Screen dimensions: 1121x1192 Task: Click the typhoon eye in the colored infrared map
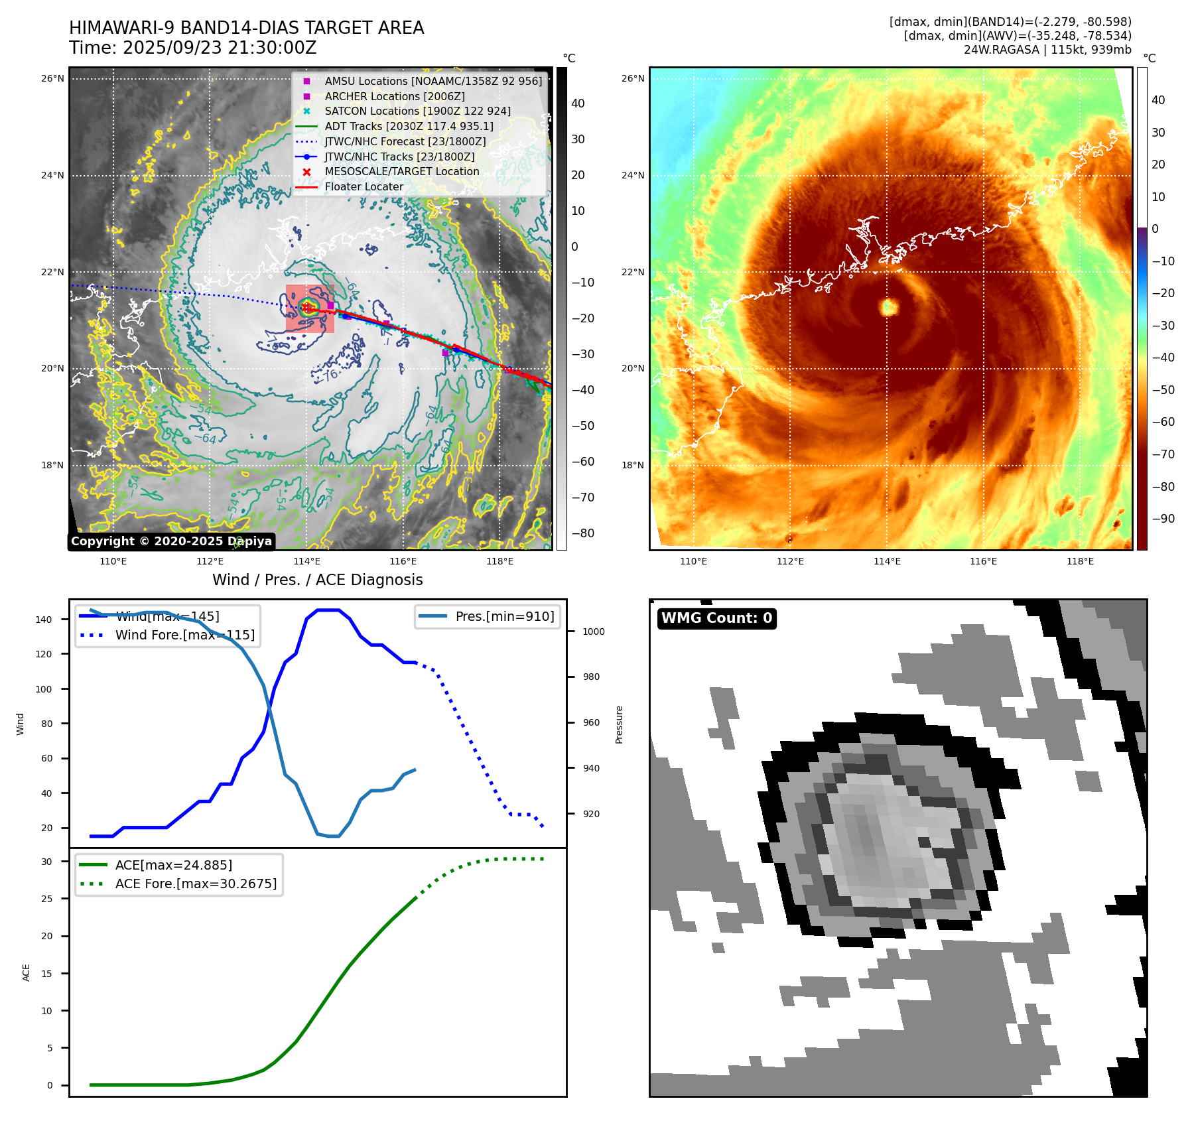[x=888, y=306]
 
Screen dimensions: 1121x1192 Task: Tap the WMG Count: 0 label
[x=716, y=618]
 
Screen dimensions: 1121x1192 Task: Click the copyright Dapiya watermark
[x=171, y=541]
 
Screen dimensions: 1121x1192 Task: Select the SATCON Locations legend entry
[x=417, y=111]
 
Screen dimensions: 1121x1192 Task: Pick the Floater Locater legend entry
[x=364, y=187]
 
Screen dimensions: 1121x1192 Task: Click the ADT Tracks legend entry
[x=409, y=126]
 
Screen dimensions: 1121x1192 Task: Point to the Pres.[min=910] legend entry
[x=504, y=616]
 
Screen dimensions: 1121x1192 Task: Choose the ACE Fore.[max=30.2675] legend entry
[x=196, y=884]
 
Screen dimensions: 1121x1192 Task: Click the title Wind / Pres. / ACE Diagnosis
[x=317, y=580]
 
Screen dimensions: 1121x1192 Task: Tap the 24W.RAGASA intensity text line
[x=1047, y=50]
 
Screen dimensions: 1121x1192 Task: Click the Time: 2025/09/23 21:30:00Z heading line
[x=193, y=48]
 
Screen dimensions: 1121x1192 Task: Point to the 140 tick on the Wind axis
[x=44, y=620]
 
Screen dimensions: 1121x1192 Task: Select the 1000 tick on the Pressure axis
[x=593, y=631]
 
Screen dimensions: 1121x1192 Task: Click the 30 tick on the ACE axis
[x=46, y=862]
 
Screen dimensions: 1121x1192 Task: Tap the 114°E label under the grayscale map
[x=306, y=562]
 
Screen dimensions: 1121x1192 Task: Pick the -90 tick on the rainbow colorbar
[x=1163, y=519]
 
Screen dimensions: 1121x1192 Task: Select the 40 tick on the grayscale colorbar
[x=578, y=103]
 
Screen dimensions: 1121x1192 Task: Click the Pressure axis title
[x=619, y=724]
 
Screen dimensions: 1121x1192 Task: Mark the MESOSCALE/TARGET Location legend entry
[x=401, y=172]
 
